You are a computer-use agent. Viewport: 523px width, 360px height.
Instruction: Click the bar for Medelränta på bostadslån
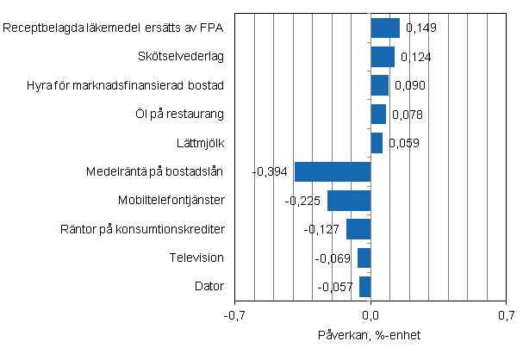333,171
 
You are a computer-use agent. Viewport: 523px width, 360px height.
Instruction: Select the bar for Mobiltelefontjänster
349,201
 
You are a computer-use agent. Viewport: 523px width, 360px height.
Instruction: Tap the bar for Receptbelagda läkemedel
385,28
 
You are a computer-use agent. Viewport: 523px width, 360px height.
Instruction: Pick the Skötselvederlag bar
383,57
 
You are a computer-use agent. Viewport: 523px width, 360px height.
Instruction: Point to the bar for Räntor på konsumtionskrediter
358,229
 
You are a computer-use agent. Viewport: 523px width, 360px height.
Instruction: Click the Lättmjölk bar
377,143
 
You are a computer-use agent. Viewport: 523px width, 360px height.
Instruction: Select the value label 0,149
420,28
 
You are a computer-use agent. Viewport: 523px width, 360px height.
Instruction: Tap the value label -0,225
303,201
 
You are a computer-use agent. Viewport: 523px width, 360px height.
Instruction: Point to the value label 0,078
407,115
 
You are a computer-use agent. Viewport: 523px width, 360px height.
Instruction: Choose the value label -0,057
335,287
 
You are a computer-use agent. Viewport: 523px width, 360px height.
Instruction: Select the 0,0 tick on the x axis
370,316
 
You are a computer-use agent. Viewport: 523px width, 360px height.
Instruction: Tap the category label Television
198,258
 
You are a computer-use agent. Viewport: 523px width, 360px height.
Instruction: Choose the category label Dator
209,286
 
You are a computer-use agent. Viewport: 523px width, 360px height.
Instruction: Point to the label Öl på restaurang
184,114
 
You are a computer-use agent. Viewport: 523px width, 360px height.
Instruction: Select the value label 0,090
410,85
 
